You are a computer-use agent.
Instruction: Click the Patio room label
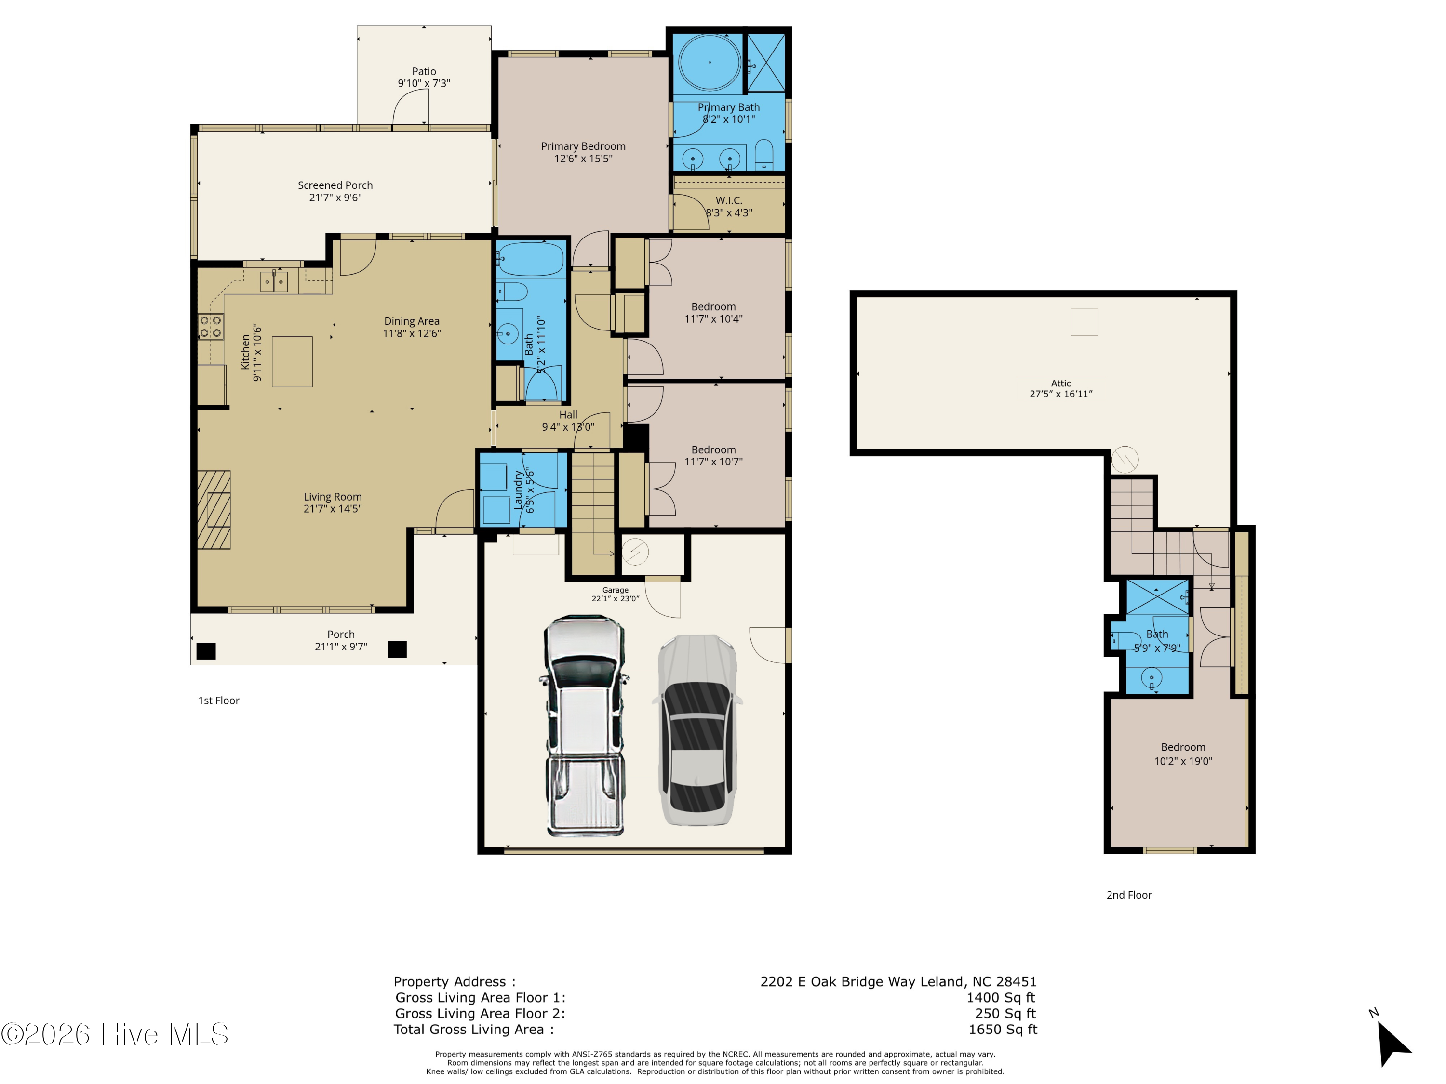point(424,71)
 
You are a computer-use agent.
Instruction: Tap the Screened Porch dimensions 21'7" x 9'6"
point(335,198)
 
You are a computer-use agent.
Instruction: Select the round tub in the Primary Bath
point(710,63)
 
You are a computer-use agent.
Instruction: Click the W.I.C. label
point(728,200)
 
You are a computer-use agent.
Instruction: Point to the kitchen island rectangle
point(292,361)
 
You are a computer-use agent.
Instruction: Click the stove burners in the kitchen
point(211,327)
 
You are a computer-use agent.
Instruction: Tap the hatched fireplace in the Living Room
point(214,510)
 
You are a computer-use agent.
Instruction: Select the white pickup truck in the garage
point(583,725)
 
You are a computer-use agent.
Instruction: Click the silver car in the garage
point(697,730)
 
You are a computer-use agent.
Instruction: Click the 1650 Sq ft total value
point(1003,1029)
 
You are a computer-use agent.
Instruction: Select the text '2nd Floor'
point(1129,895)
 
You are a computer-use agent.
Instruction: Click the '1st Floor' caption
point(218,701)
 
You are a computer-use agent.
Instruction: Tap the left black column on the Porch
point(206,651)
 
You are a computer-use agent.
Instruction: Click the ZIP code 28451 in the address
point(1016,981)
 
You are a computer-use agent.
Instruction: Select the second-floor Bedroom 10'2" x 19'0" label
point(1183,754)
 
